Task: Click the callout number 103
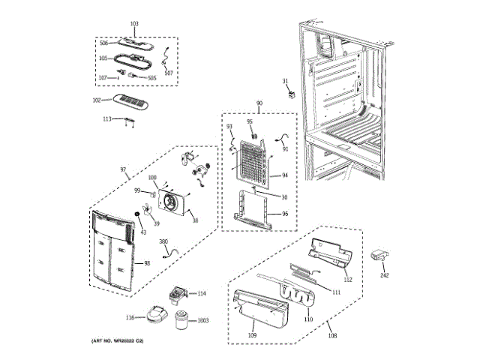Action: pyautogui.click(x=134, y=25)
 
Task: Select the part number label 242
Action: pyautogui.click(x=385, y=275)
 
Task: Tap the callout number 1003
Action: pyautogui.click(x=202, y=321)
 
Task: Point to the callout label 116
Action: pyautogui.click(x=130, y=318)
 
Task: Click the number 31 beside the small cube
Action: pyautogui.click(x=285, y=81)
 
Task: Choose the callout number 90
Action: pyautogui.click(x=259, y=102)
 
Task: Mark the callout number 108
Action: pyautogui.click(x=332, y=335)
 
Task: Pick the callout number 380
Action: pyautogui.click(x=163, y=241)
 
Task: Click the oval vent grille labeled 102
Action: pyautogui.click(x=131, y=101)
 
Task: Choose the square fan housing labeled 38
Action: pyautogui.click(x=175, y=202)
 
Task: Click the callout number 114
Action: pyautogui.click(x=201, y=293)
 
